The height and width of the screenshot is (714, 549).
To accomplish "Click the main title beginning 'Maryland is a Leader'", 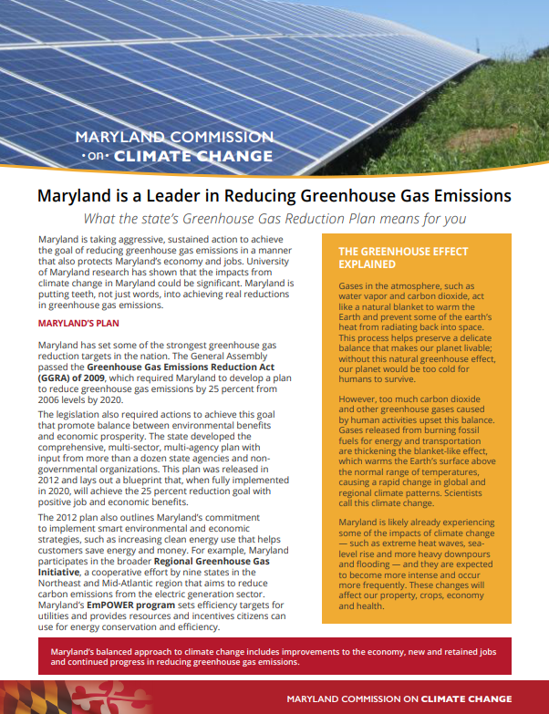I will click(274, 196).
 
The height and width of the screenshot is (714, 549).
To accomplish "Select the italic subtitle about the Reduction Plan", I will click(274, 219).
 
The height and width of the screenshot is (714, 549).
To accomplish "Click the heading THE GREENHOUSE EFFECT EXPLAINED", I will click(403, 258).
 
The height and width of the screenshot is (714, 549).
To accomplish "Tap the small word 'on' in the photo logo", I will click(94, 156).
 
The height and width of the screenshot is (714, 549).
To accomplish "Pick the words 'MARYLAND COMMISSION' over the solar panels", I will click(173, 137).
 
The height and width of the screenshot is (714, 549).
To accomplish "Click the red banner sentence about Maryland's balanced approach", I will click(274, 656).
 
